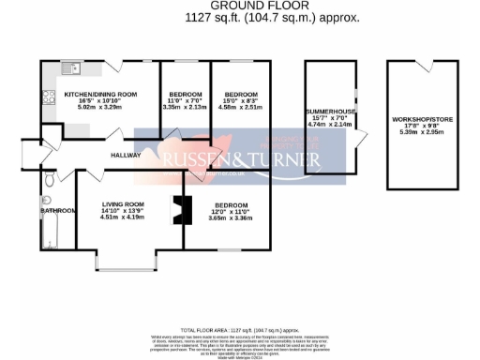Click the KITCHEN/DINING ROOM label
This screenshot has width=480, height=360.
click(x=100, y=94)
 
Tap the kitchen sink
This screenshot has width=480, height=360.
click(x=71, y=68)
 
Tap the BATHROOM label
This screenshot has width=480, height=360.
click(x=57, y=211)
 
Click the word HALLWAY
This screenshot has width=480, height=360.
click(x=126, y=155)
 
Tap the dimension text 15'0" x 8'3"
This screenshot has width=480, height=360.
click(x=240, y=101)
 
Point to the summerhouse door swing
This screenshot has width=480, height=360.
click(x=361, y=140)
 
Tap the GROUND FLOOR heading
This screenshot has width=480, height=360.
click(x=239, y=7)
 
